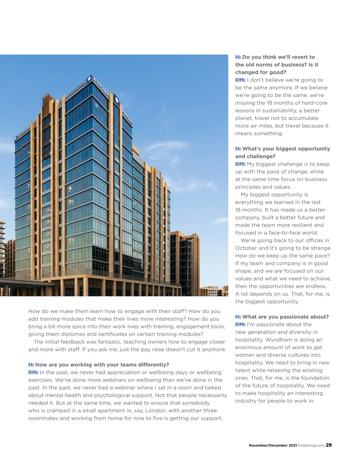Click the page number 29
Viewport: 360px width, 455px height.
pos(329,445)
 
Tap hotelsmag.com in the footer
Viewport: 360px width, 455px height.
pos(311,445)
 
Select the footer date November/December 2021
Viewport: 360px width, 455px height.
pos(273,445)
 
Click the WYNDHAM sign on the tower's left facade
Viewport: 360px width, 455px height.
pos(23,132)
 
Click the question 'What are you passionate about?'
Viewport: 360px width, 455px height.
pos(285,317)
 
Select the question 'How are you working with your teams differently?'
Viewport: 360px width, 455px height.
pos(102,365)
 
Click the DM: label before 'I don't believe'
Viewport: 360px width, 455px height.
pos(240,80)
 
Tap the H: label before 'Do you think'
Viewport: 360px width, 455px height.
pos(238,57)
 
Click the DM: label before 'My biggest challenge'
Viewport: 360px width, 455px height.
pos(240,164)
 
